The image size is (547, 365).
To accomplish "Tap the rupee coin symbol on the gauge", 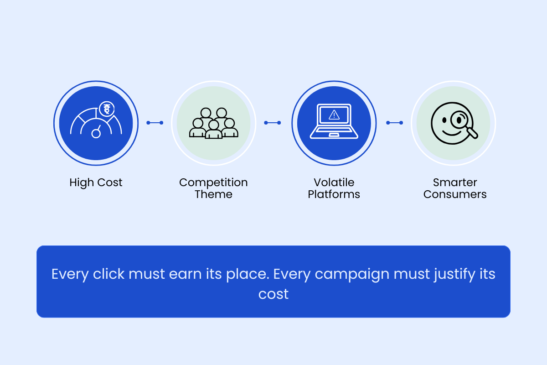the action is coord(107,109).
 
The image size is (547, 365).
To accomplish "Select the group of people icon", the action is coord(214,123).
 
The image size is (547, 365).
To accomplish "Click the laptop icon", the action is coord(334,121).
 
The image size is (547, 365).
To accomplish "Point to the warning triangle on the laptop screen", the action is coord(334,115).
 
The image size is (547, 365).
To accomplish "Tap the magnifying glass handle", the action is coord(472,133).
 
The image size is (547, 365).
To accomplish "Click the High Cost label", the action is coord(96,182).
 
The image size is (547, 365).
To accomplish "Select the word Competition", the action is coord(213,182).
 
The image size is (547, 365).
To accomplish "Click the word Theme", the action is coord(213,194).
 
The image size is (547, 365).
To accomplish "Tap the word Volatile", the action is coord(334,182).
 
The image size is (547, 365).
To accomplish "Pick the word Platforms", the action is coord(334,194).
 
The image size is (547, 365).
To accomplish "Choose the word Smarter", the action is coord(455,182).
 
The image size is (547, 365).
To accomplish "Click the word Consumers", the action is coord(455,194).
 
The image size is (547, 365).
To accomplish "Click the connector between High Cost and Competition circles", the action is coord(155,123).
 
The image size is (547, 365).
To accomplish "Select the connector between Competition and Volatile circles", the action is coord(273,123).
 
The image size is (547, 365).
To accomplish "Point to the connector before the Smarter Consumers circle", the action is coord(395,123).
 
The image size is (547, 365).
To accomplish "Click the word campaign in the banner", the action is coord(352,274).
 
